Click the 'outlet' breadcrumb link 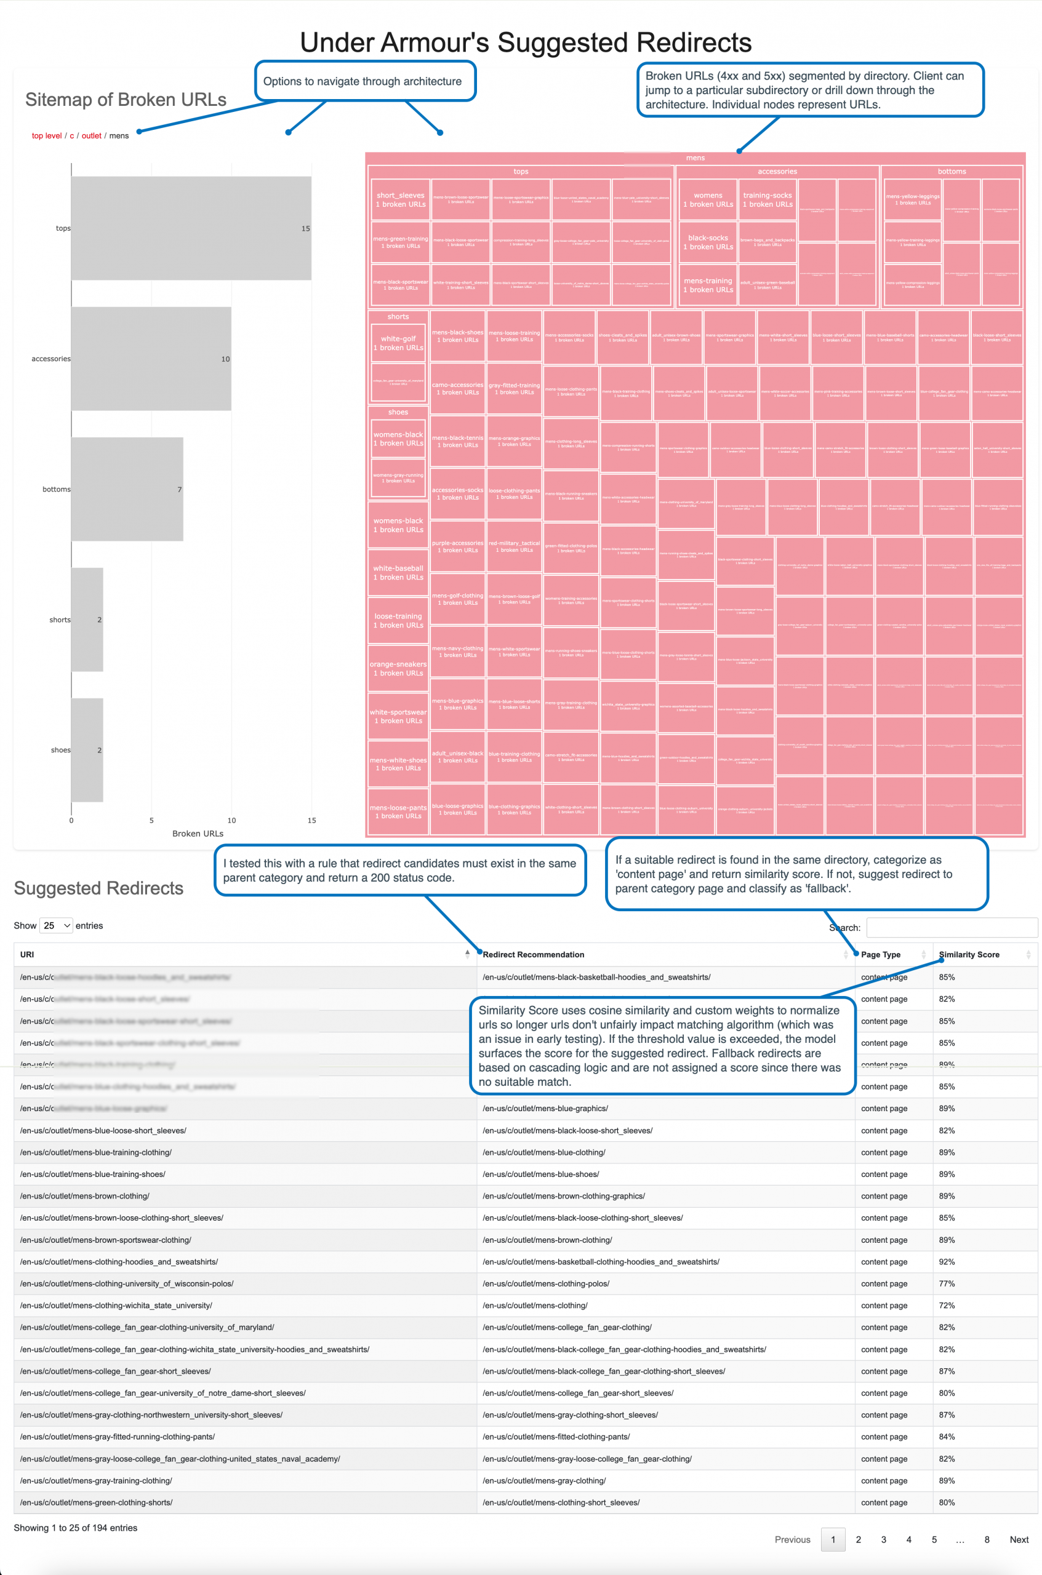tap(91, 135)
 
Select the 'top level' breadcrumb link tap(47, 135)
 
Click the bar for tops tap(191, 228)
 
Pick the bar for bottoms tap(127, 489)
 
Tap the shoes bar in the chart tap(87, 750)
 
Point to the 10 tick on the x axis tap(231, 820)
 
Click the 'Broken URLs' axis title tap(198, 834)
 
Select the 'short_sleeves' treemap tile tap(400, 199)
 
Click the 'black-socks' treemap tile tap(708, 242)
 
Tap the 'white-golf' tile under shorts tap(398, 343)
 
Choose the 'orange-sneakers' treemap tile tap(398, 668)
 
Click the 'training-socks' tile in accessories tap(767, 199)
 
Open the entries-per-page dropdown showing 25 tap(57, 925)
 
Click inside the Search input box tap(952, 927)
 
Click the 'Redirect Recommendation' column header tap(533, 955)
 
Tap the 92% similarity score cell tap(947, 1261)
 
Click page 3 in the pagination tap(883, 1539)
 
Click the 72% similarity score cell tap(947, 1306)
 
